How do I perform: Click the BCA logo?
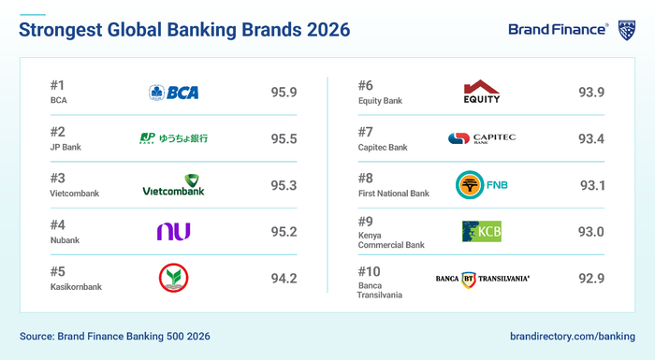(173, 93)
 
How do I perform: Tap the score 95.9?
(284, 93)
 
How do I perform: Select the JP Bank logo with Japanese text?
(173, 138)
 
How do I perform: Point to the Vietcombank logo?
(173, 185)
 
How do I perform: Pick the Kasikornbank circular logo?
(173, 278)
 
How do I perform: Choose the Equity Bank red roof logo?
(481, 92)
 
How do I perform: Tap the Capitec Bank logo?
(481, 138)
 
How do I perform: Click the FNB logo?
(481, 185)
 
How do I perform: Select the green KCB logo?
(481, 231)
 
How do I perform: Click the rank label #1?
(58, 84)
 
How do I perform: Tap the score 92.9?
(591, 278)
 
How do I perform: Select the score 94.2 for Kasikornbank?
(284, 278)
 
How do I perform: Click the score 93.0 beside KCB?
(591, 231)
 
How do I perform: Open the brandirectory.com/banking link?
(573, 335)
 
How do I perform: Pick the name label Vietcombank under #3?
(73, 194)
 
